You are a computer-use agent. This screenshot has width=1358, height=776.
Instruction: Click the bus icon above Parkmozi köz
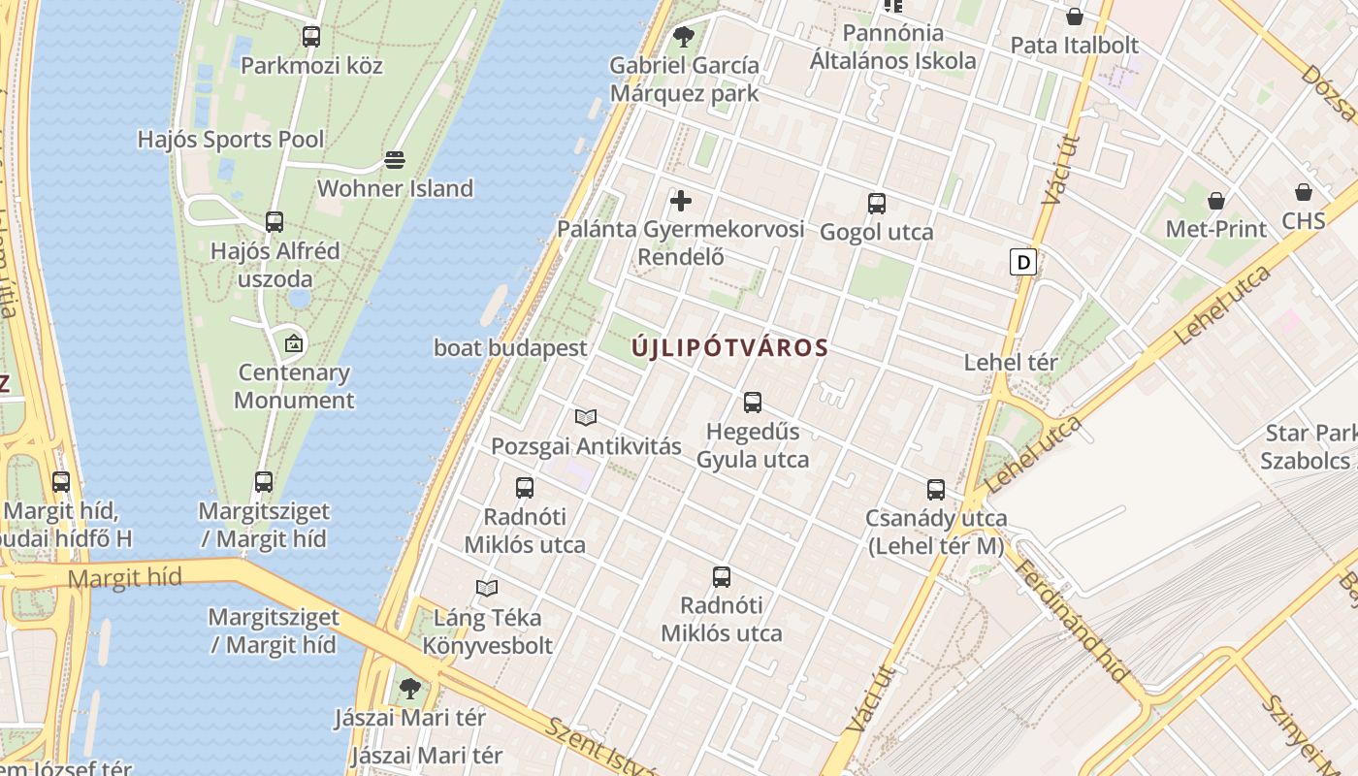(310, 37)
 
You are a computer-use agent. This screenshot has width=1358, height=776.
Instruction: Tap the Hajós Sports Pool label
(231, 140)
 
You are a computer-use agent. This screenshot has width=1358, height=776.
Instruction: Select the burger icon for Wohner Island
(394, 159)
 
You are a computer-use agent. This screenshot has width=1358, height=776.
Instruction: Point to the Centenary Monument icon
(293, 343)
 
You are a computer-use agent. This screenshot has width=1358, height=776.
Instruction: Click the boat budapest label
(510, 348)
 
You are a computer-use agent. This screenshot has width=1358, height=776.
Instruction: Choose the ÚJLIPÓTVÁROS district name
(730, 348)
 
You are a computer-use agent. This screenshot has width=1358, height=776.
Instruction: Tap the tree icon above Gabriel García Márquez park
(683, 37)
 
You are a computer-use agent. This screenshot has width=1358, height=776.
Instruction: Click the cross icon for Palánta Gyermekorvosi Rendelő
(681, 201)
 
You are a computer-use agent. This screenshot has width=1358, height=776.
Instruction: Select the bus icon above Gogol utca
(876, 203)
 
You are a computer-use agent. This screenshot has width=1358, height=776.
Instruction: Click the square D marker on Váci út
(1022, 262)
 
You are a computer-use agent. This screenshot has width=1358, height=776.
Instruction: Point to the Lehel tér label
(1011, 363)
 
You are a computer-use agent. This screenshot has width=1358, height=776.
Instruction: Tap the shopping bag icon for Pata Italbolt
(1074, 16)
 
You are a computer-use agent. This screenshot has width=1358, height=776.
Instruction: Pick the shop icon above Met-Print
(1215, 201)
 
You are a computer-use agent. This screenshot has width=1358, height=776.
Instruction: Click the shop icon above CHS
(1303, 192)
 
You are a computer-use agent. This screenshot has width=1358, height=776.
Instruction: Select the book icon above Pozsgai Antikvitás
(585, 418)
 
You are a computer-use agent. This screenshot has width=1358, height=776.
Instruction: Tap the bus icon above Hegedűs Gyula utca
(752, 402)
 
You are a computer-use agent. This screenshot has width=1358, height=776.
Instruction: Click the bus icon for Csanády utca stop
(935, 490)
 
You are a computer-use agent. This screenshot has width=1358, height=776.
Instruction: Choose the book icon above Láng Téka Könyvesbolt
(487, 588)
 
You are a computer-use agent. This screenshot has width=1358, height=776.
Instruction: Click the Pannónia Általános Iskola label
(893, 47)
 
